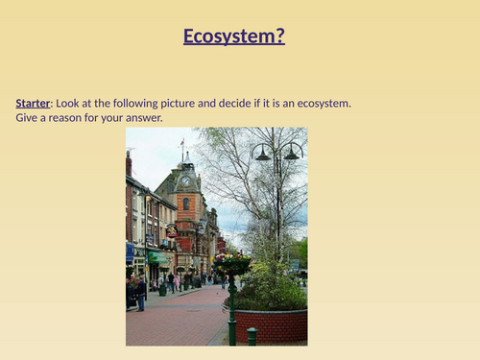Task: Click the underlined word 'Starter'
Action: pos(33,103)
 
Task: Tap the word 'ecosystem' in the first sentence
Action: pos(324,103)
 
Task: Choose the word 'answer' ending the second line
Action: pos(141,118)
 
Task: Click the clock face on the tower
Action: pos(185,180)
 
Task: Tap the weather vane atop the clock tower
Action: pos(181,145)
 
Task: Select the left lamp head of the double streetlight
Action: pos(262,155)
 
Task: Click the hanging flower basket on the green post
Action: pos(230,262)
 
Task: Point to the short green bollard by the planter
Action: pos(252,336)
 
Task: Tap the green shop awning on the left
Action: pos(157,257)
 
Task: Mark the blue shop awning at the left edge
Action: pos(130,252)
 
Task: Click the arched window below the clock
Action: pos(185,204)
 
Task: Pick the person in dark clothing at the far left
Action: pos(140,292)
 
